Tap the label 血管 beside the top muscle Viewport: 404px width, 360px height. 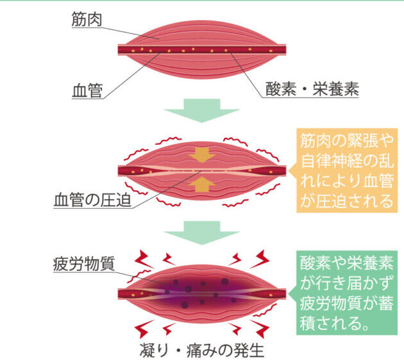[x=87, y=90]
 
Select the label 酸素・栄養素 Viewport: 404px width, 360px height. [x=312, y=90]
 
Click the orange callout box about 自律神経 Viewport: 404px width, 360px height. [x=346, y=170]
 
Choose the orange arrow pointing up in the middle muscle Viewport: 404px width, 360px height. [x=202, y=185]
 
